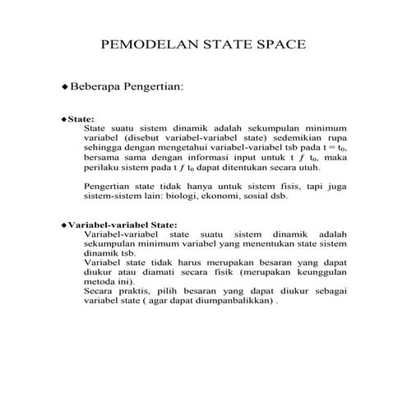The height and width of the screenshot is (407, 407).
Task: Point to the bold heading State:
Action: point(81,118)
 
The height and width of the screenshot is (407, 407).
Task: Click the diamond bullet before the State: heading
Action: point(63,118)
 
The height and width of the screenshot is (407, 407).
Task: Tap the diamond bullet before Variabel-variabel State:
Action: point(63,224)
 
